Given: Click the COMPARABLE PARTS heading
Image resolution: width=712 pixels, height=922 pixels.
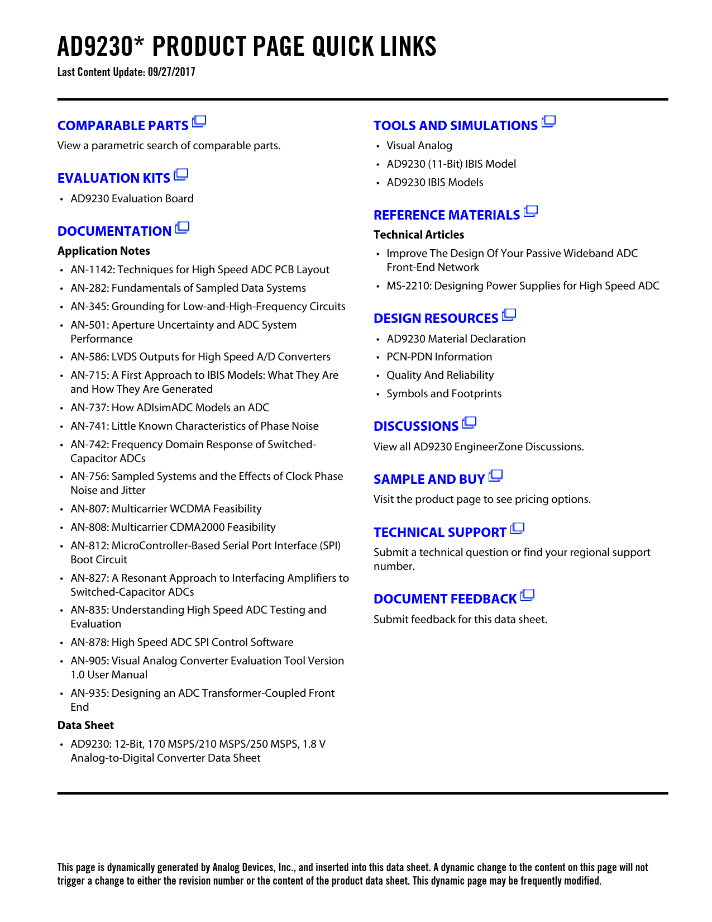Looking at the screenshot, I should tap(123, 126).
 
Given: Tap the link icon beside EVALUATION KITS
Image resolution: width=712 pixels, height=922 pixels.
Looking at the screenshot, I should tap(181, 175).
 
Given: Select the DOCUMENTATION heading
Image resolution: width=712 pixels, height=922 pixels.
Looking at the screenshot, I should tap(114, 231).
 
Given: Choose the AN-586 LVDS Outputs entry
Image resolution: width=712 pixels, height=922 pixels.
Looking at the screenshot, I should tap(200, 357).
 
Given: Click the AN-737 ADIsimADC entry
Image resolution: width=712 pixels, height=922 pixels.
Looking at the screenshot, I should tap(170, 407).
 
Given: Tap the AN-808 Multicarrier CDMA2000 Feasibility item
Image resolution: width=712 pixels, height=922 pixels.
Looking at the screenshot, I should tap(173, 527).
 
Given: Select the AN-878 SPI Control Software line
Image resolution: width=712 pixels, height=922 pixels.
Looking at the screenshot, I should tap(181, 642).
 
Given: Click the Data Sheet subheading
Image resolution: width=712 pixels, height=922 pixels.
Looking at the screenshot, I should tap(85, 725).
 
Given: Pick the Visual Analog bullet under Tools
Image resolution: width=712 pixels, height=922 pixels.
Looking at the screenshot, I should tap(419, 145).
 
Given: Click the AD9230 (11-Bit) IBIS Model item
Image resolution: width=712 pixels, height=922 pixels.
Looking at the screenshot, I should tap(451, 164).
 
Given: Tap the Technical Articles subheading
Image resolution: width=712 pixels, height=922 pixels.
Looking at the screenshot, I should tap(419, 235).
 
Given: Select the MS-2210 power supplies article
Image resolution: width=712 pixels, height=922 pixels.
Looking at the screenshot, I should tap(523, 286).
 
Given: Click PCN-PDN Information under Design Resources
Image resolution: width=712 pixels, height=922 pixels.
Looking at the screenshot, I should tap(439, 357).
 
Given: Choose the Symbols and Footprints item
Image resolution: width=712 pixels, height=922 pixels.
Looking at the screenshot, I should tap(444, 393).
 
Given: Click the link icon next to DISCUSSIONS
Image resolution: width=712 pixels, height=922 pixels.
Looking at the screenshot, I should tap(470, 422).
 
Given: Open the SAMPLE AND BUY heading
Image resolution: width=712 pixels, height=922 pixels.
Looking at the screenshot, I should tap(429, 479).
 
